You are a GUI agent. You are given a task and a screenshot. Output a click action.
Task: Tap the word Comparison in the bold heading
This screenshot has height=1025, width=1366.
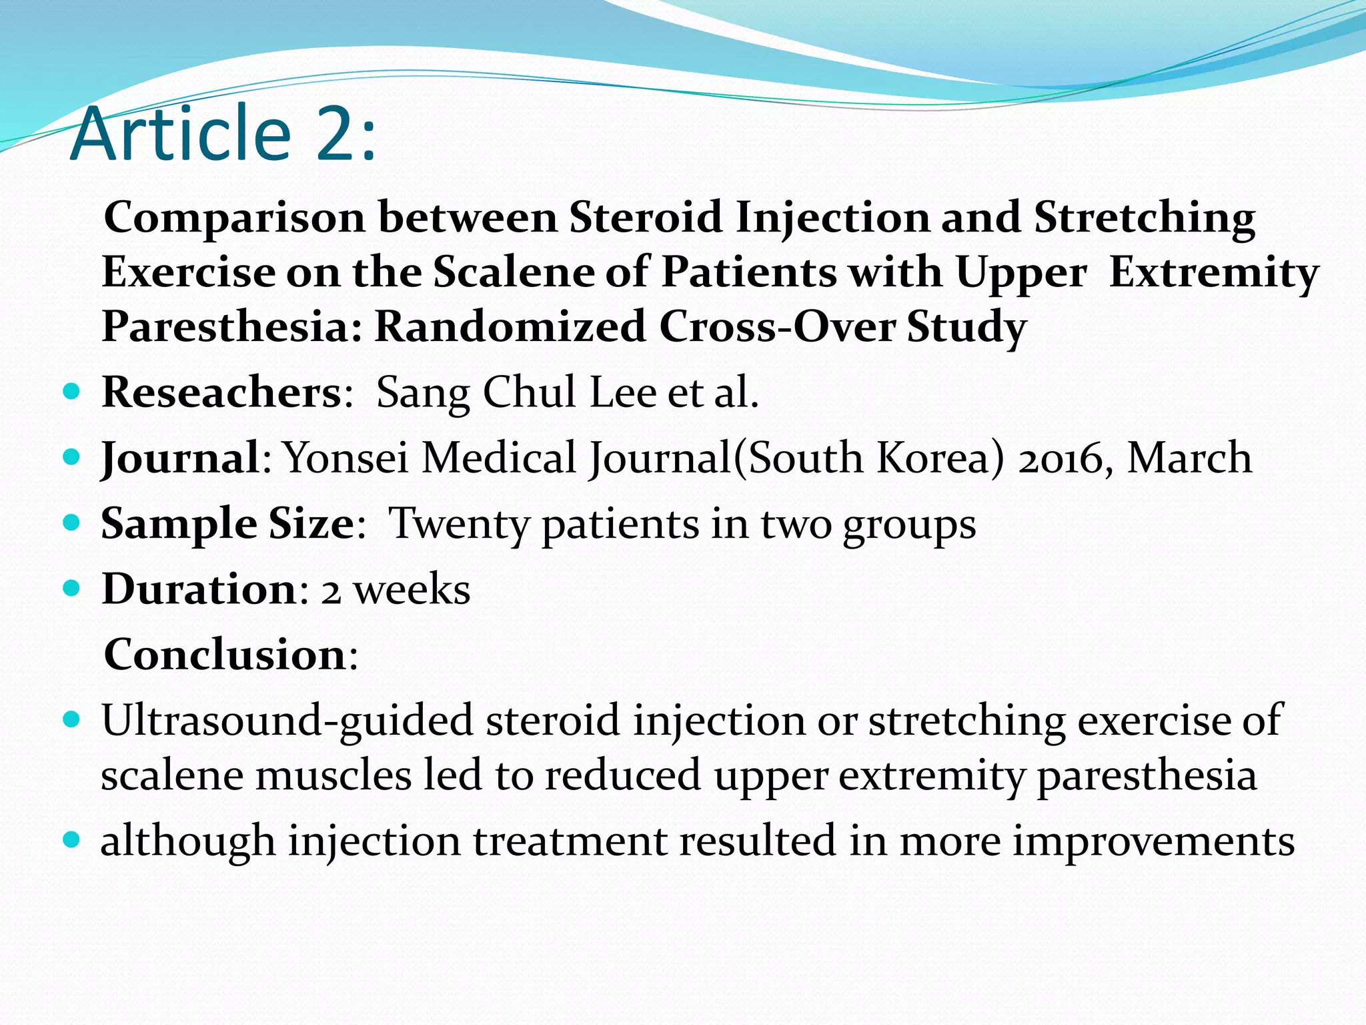pos(235,219)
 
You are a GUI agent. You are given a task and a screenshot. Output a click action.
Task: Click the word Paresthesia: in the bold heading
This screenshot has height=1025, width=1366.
pos(232,327)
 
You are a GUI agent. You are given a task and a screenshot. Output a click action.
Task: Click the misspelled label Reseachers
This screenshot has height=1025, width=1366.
pos(221,392)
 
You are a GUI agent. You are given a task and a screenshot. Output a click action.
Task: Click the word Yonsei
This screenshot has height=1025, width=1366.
pos(346,458)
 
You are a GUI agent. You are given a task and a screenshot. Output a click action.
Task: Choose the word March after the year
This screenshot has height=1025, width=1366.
pos(1189,458)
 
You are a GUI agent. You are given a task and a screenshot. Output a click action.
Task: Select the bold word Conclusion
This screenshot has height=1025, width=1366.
pos(225,655)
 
